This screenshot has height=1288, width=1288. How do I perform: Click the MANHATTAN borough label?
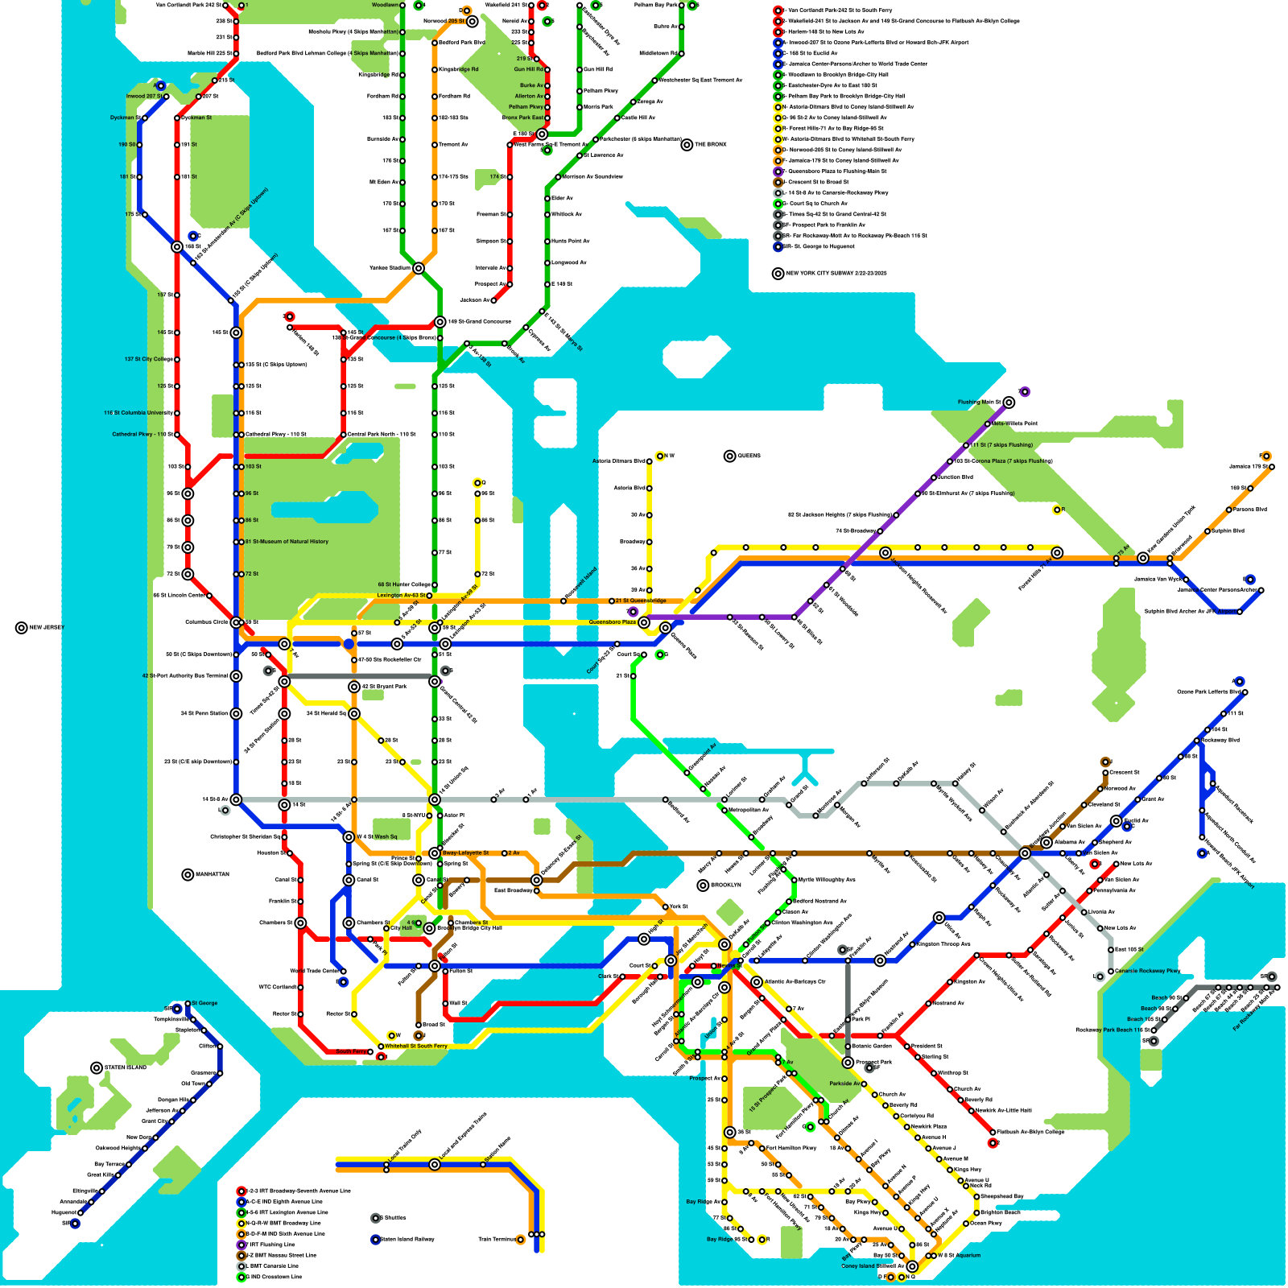coord(211,874)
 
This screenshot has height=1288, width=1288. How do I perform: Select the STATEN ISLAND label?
coord(125,1068)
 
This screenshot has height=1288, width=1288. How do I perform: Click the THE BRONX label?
coord(710,145)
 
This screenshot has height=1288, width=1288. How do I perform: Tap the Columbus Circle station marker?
coord(236,622)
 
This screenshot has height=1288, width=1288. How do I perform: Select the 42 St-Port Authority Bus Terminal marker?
coord(236,676)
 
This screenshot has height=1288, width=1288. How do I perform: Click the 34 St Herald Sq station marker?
coord(354,714)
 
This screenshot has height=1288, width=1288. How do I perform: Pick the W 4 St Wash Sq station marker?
coord(349,837)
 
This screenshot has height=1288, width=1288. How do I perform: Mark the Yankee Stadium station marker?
coord(419,268)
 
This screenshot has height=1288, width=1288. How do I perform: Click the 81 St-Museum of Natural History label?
coord(287,542)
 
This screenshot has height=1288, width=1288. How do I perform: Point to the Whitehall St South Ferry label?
coord(415,1046)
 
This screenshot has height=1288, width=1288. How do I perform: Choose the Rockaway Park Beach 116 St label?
coord(1109,1030)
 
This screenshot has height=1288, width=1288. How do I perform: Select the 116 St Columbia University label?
coord(138,413)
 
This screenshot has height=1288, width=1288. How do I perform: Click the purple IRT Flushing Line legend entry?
coord(270,1245)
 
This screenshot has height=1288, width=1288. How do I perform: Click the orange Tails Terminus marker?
coord(521,1240)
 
